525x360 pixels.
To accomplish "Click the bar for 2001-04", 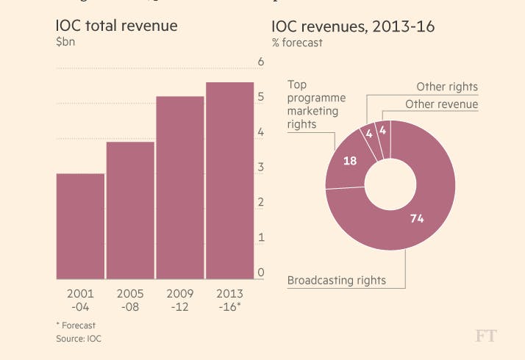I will [x=80, y=226].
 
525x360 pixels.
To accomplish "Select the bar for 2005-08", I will [x=130, y=210].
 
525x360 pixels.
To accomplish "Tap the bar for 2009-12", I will [x=180, y=187].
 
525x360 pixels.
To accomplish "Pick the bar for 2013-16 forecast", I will [x=229, y=181].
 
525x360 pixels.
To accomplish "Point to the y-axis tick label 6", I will [x=260, y=62].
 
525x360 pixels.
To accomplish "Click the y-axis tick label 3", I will [x=260, y=168].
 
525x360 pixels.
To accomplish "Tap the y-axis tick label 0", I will [x=260, y=273].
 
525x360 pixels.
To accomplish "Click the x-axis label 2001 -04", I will [x=80, y=300].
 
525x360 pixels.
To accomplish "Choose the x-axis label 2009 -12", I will [x=180, y=300].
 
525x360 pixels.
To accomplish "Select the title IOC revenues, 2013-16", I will [x=353, y=27].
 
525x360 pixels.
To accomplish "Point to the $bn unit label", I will [x=65, y=43].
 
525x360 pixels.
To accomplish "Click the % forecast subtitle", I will [x=297, y=43].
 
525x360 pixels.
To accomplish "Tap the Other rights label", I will [x=447, y=87].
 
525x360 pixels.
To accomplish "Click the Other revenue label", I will [x=441, y=104].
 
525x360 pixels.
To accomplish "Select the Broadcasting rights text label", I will [x=336, y=280].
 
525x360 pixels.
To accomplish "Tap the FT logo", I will [x=486, y=336].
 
